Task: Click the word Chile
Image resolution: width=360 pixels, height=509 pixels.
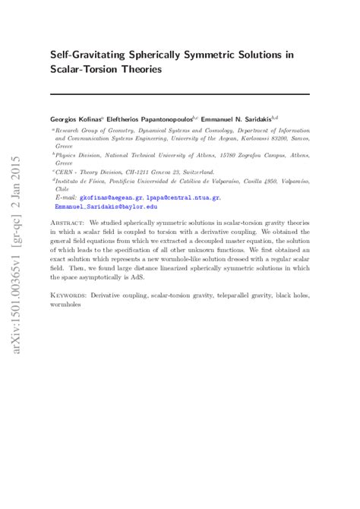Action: [x=63, y=190]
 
